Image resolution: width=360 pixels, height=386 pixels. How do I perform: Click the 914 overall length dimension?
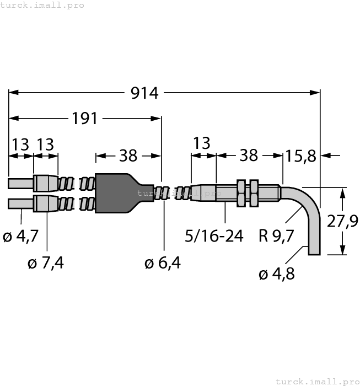tap(144, 93)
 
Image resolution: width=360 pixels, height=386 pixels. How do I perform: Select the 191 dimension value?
tap(85, 118)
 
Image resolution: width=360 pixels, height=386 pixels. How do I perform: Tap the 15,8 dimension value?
tap(301, 156)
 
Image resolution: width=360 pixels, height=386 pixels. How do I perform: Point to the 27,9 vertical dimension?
tap(342, 222)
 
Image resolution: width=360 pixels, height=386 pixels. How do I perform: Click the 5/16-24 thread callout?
tap(214, 237)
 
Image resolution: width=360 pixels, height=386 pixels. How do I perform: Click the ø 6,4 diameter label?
tap(163, 264)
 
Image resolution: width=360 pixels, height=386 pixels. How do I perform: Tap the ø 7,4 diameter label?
tap(46, 264)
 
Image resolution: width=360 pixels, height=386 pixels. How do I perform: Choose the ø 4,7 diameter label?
tap(21, 237)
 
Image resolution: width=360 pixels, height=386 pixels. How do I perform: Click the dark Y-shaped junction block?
tap(119, 193)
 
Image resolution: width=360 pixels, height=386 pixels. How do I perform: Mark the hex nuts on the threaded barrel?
tap(248, 192)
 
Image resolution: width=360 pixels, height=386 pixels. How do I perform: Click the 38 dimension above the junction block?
tap(128, 156)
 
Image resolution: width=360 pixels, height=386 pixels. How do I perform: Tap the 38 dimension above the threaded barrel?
tap(249, 156)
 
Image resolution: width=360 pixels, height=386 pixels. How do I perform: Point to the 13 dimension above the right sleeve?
tap(202, 143)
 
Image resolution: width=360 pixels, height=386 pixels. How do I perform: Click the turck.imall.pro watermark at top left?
tap(42, 5)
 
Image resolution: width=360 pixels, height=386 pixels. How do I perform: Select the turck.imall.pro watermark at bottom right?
tap(316, 381)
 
